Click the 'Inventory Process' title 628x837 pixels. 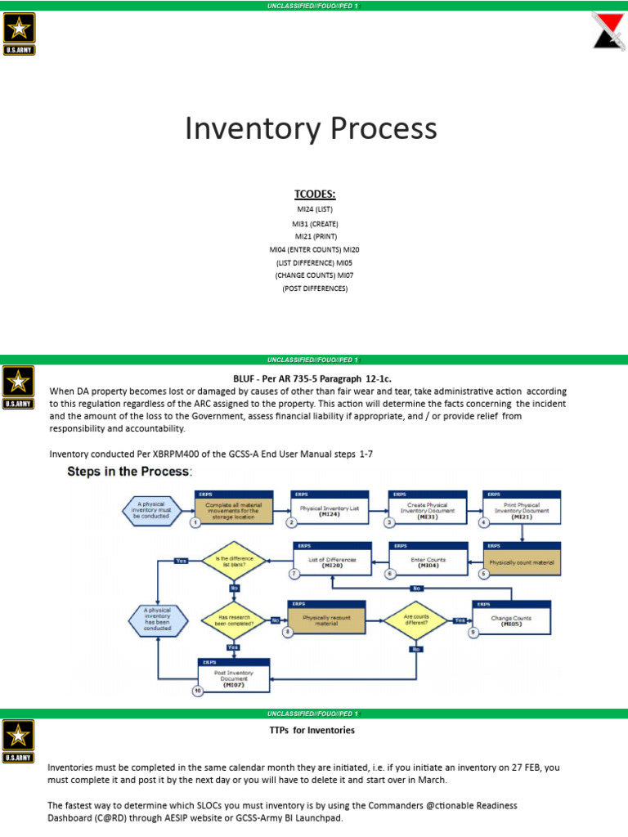[311, 129]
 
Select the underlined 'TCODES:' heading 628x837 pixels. [315, 194]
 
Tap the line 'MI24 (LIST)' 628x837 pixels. [315, 209]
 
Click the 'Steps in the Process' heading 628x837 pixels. [129, 472]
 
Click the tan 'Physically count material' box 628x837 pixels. [522, 562]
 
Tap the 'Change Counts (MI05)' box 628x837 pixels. [511, 620]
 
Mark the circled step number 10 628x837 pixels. [197, 692]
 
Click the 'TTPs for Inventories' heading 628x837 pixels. [312, 729]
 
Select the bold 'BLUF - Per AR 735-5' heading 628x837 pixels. [314, 378]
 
